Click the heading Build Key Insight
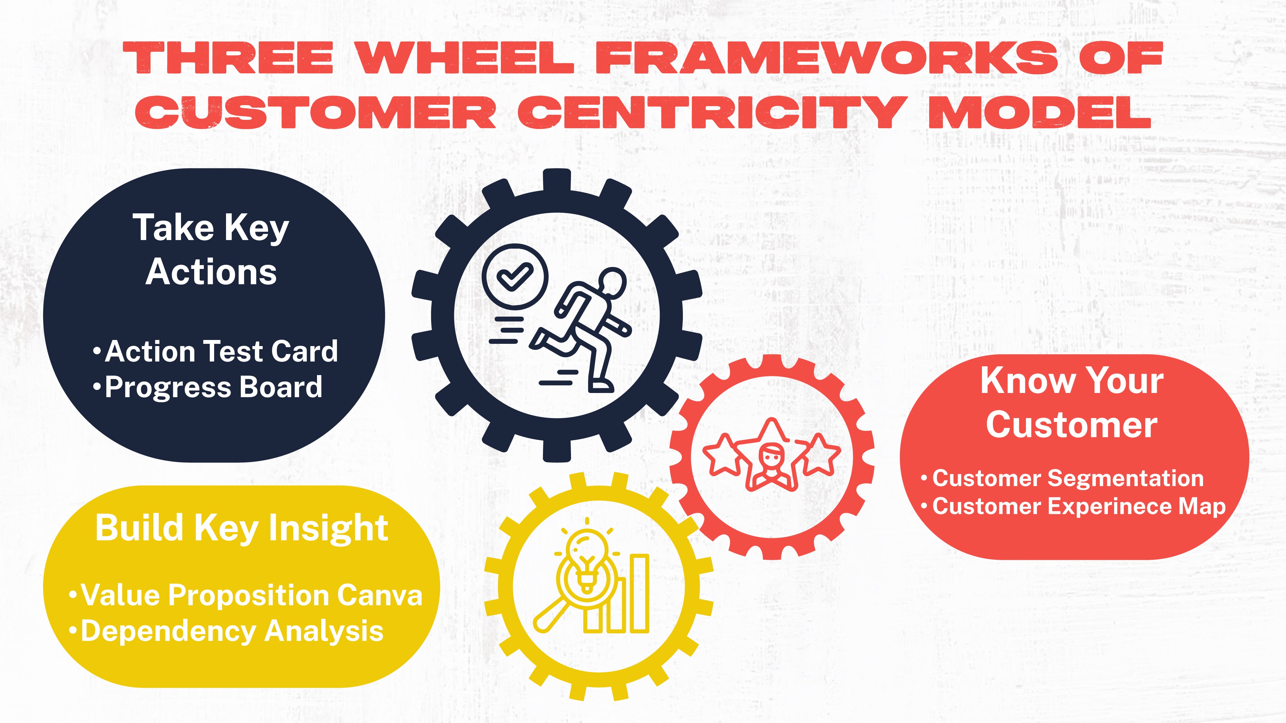[242, 528]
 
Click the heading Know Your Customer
[1072, 402]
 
